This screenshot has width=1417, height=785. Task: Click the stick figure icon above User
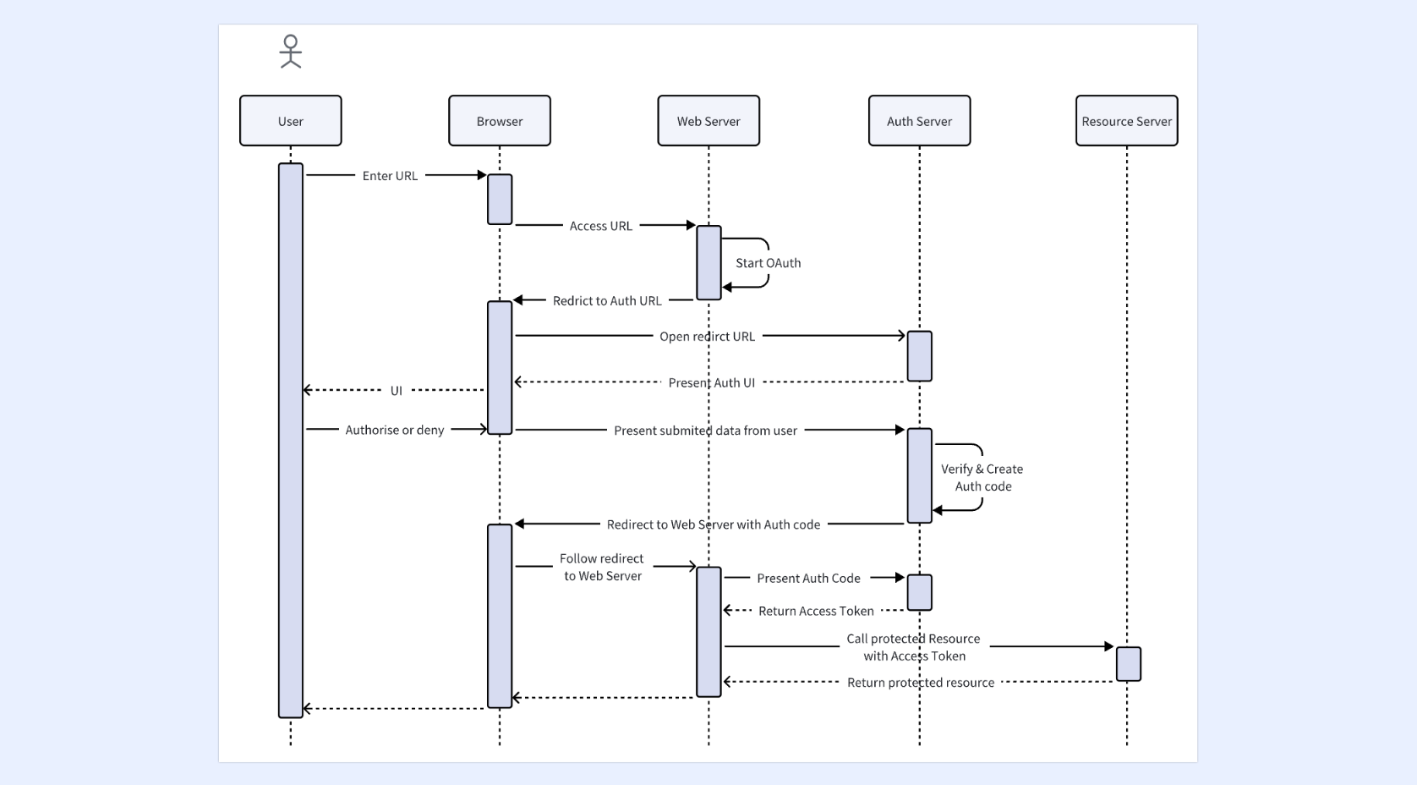pyautogui.click(x=290, y=52)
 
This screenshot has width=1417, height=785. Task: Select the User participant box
pyautogui.click(x=290, y=121)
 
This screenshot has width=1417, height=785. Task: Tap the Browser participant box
pyautogui.click(x=500, y=121)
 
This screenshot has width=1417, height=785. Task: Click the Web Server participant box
pyautogui.click(x=708, y=121)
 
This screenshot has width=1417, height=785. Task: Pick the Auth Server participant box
pyautogui.click(x=919, y=121)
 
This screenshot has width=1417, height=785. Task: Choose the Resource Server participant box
pyautogui.click(x=1127, y=121)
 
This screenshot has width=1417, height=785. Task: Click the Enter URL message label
pyautogui.click(x=390, y=176)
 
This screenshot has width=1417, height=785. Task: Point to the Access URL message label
pyautogui.click(x=601, y=226)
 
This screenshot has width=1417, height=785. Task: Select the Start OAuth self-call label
pyautogui.click(x=768, y=263)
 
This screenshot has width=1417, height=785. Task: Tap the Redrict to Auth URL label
pyautogui.click(x=607, y=300)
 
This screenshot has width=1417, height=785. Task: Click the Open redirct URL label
pyautogui.click(x=708, y=336)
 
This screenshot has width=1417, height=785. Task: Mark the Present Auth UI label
pyautogui.click(x=712, y=382)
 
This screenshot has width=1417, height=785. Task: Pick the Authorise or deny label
pyautogui.click(x=395, y=430)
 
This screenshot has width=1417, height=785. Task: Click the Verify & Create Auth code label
pyautogui.click(x=982, y=477)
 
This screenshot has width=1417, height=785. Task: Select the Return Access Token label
pyautogui.click(x=816, y=611)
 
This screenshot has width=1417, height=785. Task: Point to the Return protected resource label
pyautogui.click(x=921, y=683)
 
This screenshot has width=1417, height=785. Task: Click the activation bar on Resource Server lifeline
pyautogui.click(x=1129, y=664)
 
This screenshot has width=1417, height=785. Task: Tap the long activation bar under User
pyautogui.click(x=290, y=441)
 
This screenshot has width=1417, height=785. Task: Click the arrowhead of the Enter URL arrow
pyautogui.click(x=482, y=175)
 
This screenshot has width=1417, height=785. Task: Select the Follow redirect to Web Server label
pyautogui.click(x=602, y=568)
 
